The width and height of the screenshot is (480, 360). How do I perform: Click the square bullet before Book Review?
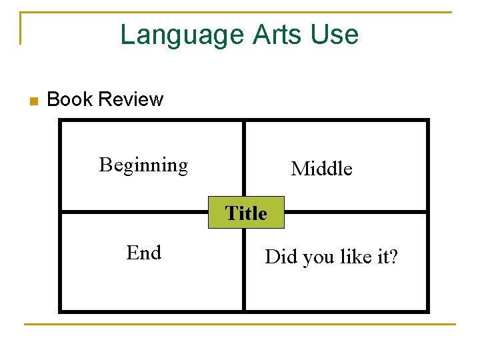(x=33, y=101)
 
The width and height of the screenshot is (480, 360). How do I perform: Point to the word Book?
(x=70, y=100)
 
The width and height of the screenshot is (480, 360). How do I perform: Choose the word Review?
(x=130, y=100)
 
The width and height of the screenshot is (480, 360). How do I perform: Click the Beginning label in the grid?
(x=143, y=165)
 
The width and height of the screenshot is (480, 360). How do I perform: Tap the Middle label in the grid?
(x=321, y=169)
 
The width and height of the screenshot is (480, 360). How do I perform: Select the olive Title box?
(x=246, y=213)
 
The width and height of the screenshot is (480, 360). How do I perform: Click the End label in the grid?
(x=144, y=253)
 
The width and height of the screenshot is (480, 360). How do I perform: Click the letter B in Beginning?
(x=105, y=164)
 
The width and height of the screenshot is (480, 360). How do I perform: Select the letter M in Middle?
(x=299, y=169)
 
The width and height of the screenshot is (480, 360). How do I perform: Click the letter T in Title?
(x=231, y=213)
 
